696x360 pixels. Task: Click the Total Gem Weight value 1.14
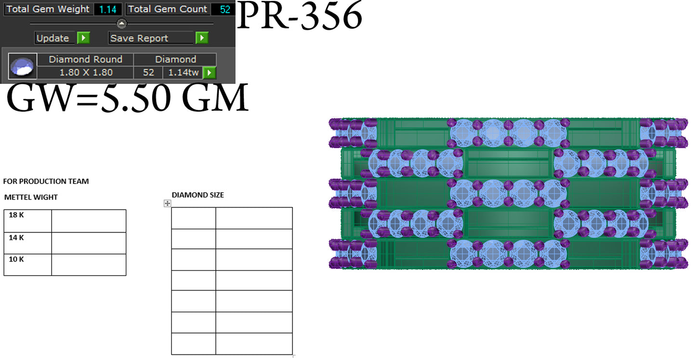coord(107,9)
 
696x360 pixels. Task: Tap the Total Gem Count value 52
coord(225,9)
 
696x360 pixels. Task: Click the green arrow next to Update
coord(83,38)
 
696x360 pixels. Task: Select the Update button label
coord(53,38)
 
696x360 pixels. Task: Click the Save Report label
coord(139,38)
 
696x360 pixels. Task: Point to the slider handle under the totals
coord(121,23)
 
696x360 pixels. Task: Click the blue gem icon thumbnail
coord(22,66)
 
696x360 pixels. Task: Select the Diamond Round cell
coord(85,59)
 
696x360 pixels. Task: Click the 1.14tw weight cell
coord(183,72)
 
